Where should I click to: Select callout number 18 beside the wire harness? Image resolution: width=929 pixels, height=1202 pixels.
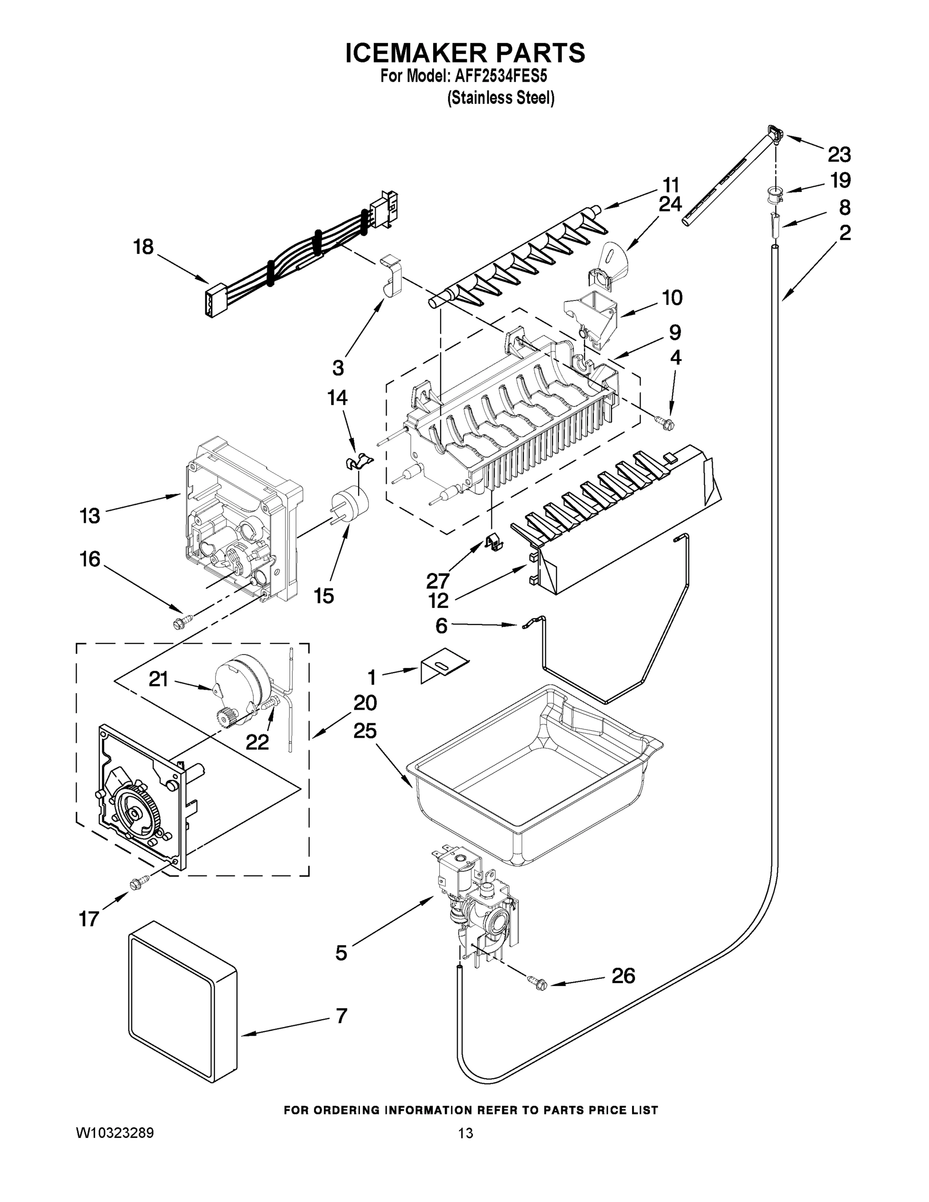[x=143, y=246]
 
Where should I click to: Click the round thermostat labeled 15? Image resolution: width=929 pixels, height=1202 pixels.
[x=351, y=505]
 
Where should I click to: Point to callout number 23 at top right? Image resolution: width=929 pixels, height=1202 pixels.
[x=839, y=155]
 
